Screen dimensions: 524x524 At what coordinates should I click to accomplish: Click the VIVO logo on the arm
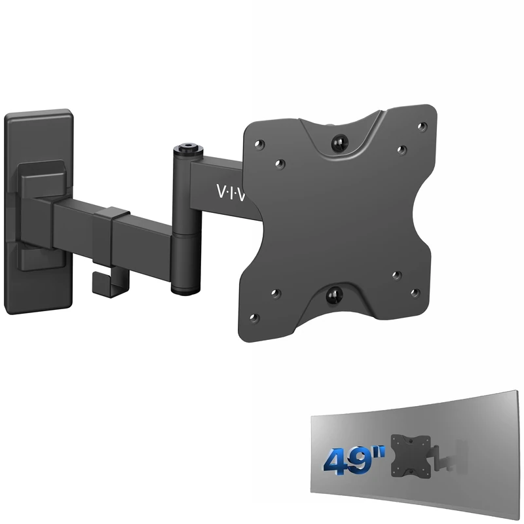(229, 191)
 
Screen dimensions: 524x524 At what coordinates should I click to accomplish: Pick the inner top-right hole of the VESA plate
(402, 149)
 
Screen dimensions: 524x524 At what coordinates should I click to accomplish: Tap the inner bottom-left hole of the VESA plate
(275, 293)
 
